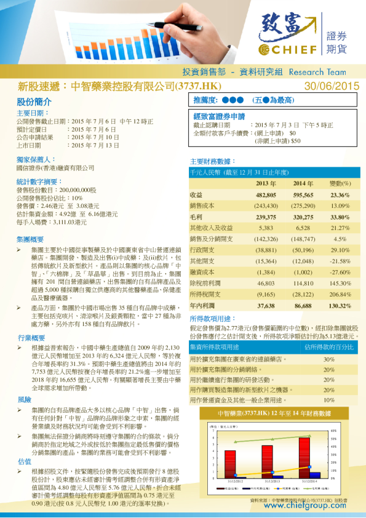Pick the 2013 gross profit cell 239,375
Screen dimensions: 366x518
click(x=266, y=217)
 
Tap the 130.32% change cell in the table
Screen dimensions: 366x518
click(x=340, y=305)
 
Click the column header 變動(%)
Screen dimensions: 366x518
click(x=340, y=183)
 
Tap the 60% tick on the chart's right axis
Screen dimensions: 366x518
click(x=333, y=431)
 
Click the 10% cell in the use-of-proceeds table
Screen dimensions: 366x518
click(x=328, y=400)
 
